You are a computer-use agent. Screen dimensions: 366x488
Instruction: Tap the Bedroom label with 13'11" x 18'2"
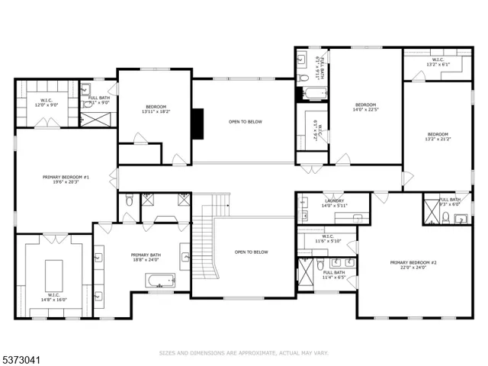(156, 109)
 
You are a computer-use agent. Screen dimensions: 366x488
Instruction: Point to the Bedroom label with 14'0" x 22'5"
(365, 107)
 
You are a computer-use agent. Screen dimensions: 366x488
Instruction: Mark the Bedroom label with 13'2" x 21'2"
(438, 136)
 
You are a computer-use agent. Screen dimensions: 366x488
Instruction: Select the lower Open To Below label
(252, 252)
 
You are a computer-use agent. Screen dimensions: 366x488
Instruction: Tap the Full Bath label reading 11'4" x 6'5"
(334, 274)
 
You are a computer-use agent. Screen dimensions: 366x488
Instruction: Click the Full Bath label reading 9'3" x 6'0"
(450, 201)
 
